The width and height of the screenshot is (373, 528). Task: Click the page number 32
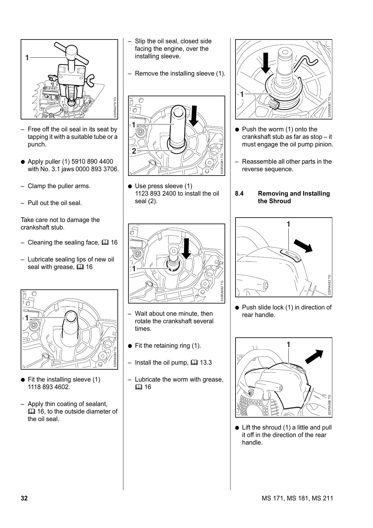point(24,499)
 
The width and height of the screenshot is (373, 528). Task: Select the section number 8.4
point(239,194)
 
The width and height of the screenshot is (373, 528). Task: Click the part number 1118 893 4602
point(49,387)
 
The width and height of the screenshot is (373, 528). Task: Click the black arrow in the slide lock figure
point(303,246)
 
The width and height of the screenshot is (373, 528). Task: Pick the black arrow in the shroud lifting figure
point(314,356)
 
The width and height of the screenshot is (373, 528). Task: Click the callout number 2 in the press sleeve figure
point(134,151)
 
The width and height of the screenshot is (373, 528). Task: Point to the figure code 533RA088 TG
point(329,405)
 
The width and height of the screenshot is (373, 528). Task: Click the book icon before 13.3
point(194,363)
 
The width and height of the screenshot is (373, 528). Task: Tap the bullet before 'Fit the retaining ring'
point(130,346)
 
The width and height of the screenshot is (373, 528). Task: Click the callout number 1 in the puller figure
point(27,58)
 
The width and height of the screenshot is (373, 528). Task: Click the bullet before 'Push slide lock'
point(237,308)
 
